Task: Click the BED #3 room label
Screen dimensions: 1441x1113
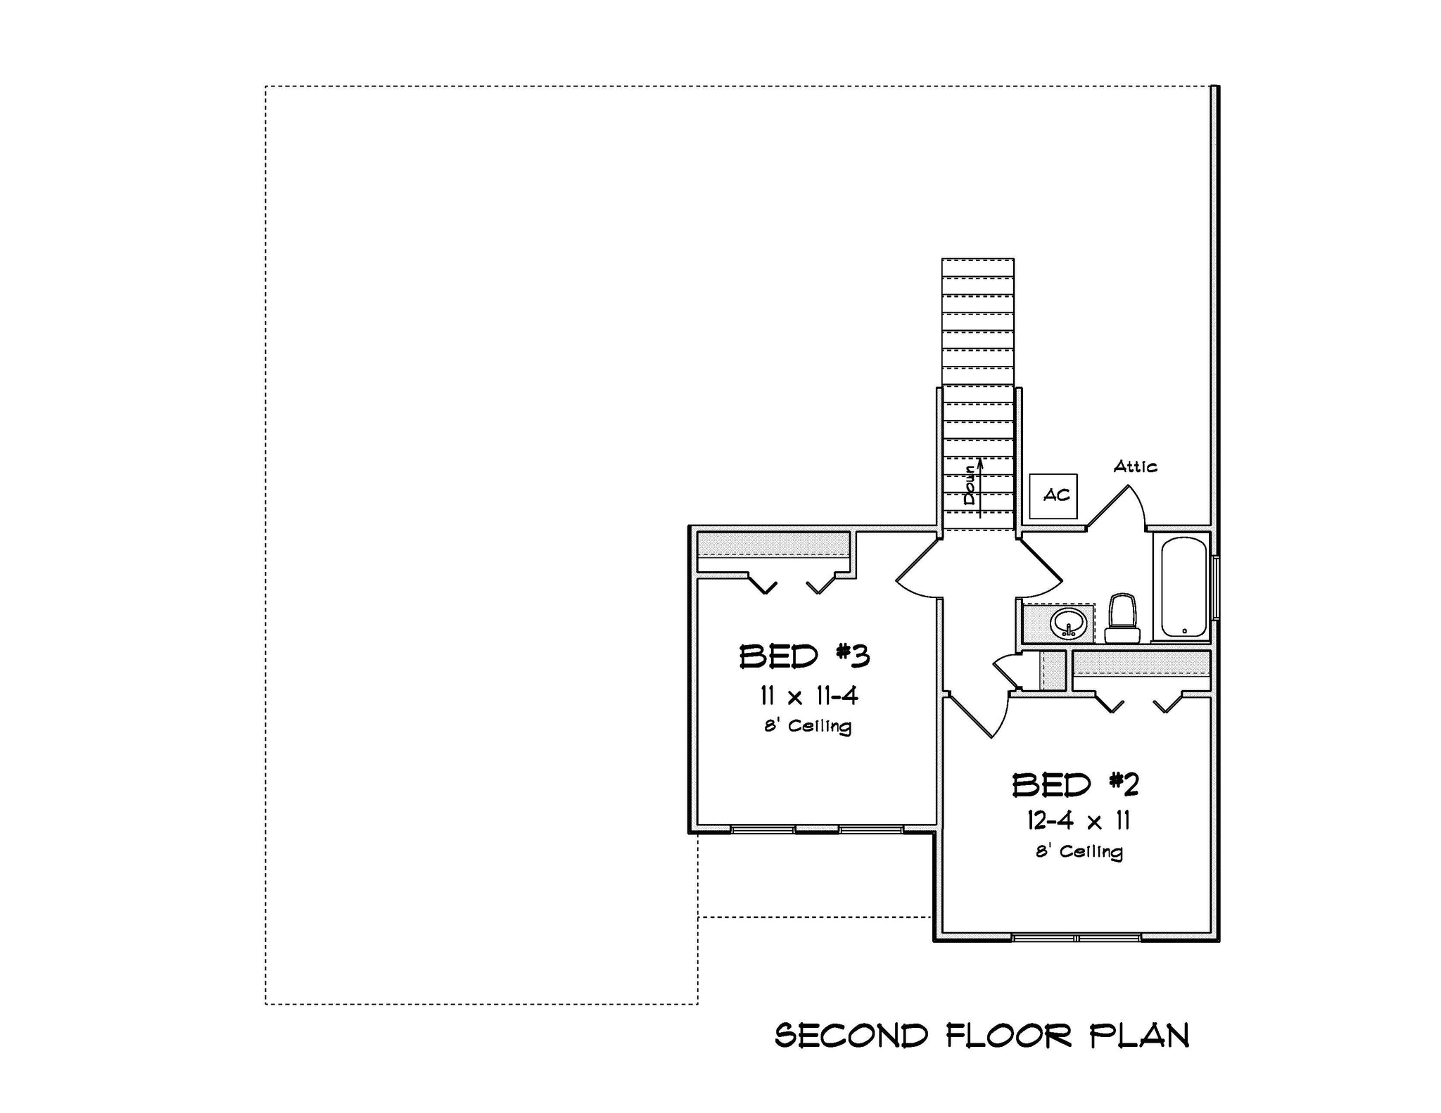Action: [804, 656]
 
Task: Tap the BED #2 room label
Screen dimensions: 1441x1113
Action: [1075, 784]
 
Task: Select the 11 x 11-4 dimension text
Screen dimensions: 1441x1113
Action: [808, 697]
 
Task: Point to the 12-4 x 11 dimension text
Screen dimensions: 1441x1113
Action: [1078, 821]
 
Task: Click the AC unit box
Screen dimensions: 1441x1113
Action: [1053, 496]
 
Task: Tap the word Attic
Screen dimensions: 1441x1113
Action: [1135, 466]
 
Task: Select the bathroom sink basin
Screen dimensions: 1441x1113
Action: [1068, 623]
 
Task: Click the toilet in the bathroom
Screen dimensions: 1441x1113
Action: [1122, 618]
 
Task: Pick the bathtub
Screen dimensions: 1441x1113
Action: [1183, 587]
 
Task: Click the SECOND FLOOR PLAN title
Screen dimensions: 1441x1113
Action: [982, 1036]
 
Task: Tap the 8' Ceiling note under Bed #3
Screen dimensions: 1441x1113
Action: [808, 726]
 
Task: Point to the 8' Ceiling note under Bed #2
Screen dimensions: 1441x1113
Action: [1079, 851]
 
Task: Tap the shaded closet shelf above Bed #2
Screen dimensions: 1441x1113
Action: [1141, 663]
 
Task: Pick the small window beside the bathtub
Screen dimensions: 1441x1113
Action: [1216, 587]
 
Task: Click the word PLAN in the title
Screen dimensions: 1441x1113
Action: [1139, 1036]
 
